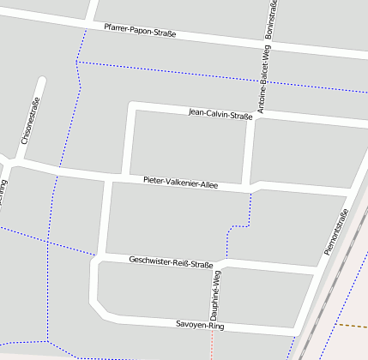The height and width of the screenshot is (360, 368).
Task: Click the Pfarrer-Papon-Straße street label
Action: pyautogui.click(x=140, y=31)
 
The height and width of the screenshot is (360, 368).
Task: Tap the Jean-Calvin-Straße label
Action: pyautogui.click(x=220, y=113)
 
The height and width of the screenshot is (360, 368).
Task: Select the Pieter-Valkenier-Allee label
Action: pyautogui.click(x=181, y=181)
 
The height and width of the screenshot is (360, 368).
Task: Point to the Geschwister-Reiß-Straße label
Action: pyautogui.click(x=171, y=261)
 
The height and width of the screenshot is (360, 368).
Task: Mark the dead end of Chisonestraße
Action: pyautogui.click(x=41, y=83)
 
